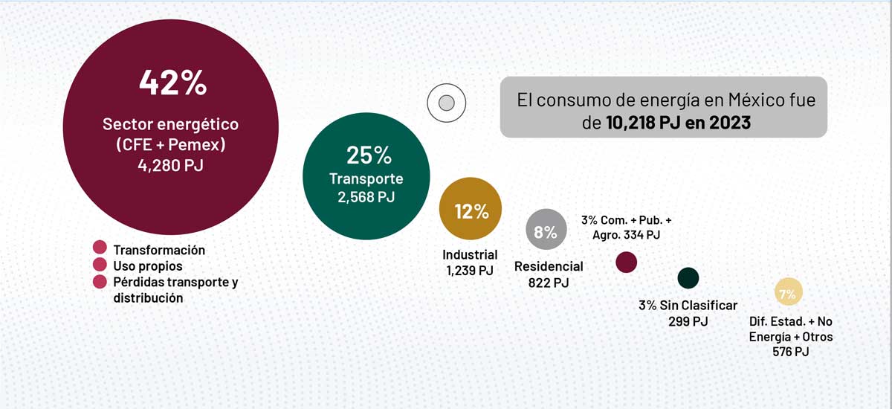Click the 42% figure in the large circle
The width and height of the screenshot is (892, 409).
pos(172,83)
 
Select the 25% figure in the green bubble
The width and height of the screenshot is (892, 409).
pos(368,155)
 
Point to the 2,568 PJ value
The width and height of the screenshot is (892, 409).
pos(367,197)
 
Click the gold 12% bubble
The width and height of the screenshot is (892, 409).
pos(471,210)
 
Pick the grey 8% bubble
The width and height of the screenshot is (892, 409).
pos(546,232)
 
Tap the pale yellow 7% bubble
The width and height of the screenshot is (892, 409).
pos(786,294)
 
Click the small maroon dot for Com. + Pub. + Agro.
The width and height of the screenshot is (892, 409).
pos(627,262)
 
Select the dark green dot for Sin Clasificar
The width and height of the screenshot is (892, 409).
pos(688,278)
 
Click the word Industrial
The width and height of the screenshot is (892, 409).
pos(470,255)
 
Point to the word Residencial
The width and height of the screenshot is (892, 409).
pos(549,266)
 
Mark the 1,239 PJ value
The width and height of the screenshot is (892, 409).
pos(470,271)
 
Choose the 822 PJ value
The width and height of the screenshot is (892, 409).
pos(549,283)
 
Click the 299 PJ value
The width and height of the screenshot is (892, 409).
pos(688,321)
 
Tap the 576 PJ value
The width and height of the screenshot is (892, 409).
pos(791,352)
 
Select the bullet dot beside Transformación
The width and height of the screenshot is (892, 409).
pos(100,248)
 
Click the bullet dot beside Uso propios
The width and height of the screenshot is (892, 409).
pos(100,265)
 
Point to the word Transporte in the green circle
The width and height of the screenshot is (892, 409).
pos(366,178)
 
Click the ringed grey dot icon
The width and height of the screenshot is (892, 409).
pos(446,103)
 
